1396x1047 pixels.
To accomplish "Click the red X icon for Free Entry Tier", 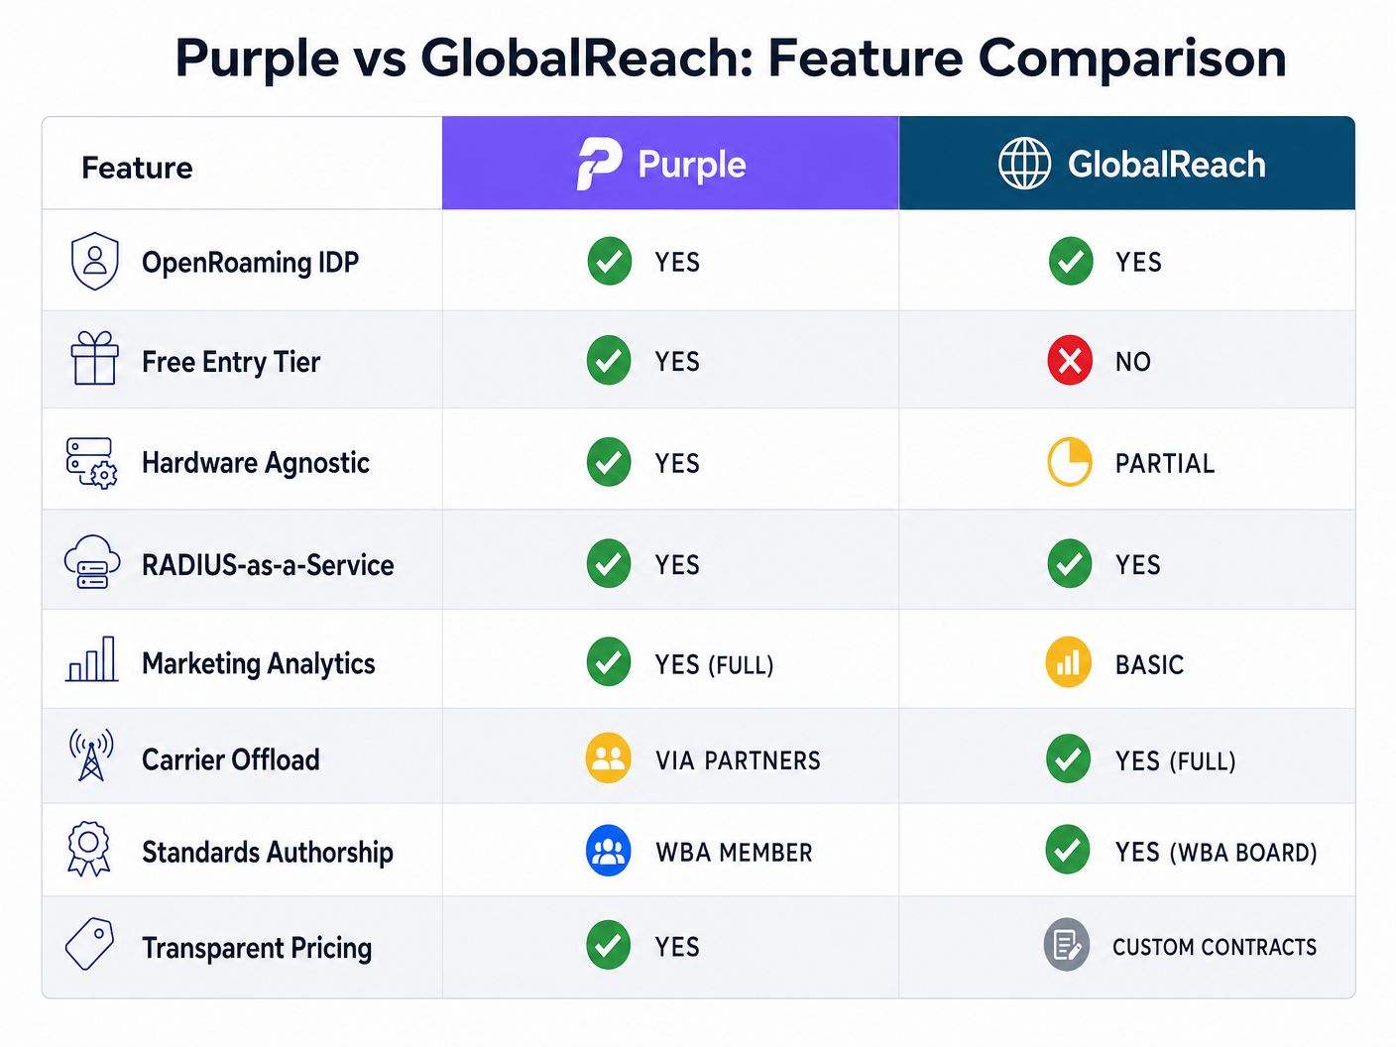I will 1070,361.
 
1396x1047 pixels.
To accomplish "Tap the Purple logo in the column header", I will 599,164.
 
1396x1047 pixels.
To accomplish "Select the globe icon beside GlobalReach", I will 1024,164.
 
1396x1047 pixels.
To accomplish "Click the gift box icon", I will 94,359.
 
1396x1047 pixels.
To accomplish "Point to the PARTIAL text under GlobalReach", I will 1164,464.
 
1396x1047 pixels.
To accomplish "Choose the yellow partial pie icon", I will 1070,462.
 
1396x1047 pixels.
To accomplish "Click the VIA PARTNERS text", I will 738,760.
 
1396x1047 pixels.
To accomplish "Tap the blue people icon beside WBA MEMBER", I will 608,851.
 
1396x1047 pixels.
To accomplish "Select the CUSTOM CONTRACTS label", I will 1214,948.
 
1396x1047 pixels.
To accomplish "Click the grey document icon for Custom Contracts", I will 1067,945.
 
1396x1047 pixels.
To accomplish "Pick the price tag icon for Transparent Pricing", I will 89,944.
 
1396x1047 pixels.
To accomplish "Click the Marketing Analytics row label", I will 258,663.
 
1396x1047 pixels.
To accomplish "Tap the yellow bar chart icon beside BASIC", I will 1069,662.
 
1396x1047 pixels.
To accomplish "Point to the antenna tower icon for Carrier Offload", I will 91,756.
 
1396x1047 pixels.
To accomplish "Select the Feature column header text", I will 137,168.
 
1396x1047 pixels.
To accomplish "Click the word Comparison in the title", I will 1132,58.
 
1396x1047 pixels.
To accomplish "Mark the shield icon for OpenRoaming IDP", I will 94,261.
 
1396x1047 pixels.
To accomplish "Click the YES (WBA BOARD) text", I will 1216,853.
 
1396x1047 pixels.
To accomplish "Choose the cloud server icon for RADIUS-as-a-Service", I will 92,562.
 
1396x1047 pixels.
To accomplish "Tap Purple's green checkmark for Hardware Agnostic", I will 609,462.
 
